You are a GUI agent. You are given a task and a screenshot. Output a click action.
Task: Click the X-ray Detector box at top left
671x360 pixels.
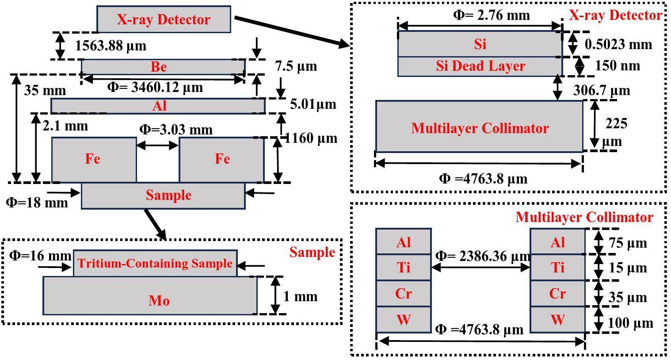tap(164, 19)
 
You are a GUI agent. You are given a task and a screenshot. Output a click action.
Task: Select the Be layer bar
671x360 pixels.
tap(163, 67)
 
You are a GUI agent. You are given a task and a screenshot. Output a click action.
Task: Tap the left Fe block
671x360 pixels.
tap(94, 159)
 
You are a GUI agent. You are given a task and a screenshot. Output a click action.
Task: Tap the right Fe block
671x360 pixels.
tap(221, 159)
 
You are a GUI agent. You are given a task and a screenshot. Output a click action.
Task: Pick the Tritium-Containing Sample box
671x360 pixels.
tap(155, 264)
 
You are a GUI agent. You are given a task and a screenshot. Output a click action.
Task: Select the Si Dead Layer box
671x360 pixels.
tap(480, 66)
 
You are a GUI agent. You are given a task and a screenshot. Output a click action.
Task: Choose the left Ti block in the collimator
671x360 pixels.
tap(404, 268)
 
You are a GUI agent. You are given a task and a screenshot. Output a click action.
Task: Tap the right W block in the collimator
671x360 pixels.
tap(557, 319)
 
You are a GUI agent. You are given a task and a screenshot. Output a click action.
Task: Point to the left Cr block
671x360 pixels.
tap(404, 294)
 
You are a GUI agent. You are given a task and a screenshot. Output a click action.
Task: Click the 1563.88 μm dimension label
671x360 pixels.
tap(111, 46)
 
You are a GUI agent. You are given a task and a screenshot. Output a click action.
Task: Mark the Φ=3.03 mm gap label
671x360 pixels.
tap(176, 130)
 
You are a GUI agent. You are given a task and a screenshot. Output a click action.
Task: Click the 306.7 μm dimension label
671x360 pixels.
tap(602, 91)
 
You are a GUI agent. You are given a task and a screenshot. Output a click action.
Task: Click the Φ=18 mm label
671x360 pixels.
tap(37, 203)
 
